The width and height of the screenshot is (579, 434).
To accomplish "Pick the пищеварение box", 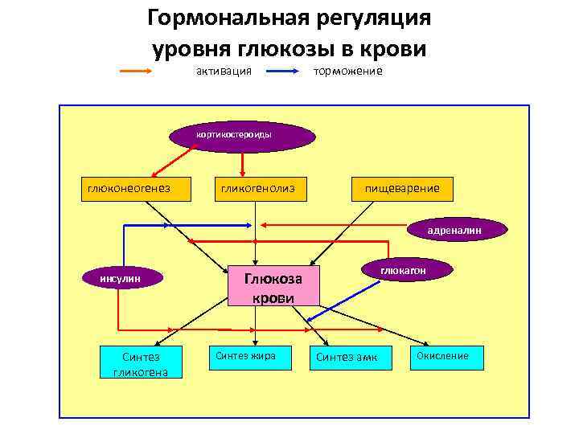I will pos(402,188).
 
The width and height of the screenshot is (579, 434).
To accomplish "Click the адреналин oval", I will pos(456,230).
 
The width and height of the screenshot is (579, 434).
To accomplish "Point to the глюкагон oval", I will pos(404,272).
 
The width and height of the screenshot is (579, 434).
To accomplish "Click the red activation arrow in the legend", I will pos(148,72).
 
